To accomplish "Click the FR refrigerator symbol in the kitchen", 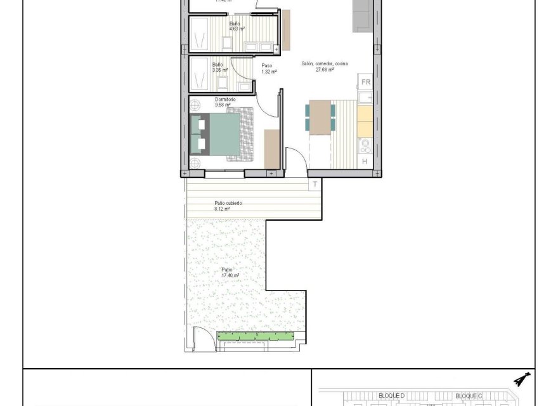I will point(365,82).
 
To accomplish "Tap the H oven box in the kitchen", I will point(365,162).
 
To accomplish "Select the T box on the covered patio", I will point(315,185).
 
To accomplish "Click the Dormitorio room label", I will point(225,100).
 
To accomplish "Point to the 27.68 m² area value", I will point(325,70).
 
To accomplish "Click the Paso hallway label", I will point(266,65).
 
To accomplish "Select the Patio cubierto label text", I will point(228,203).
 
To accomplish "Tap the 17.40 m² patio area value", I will point(230,275).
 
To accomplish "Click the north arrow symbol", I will point(522,379).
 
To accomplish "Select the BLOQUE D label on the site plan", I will point(391,395).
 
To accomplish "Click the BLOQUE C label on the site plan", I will point(469,395).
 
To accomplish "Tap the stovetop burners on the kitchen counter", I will point(365,145).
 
